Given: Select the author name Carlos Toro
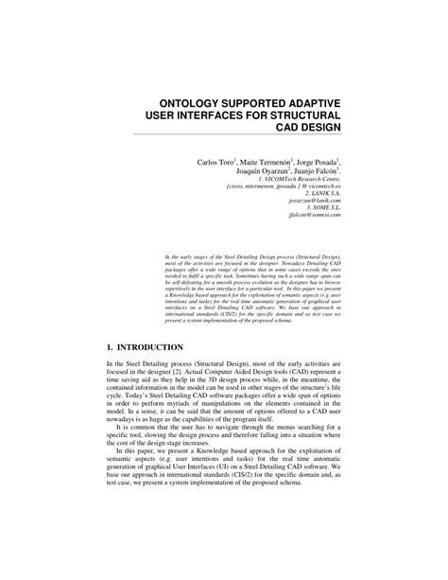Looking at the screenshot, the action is click(x=215, y=162).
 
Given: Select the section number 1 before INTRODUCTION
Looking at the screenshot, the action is click(x=111, y=348).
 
